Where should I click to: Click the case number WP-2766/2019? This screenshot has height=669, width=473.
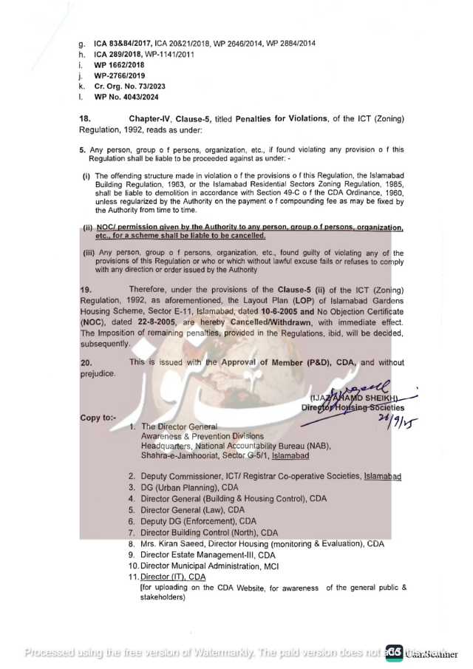click(x=120, y=75)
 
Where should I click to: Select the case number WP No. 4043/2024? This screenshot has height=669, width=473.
click(x=126, y=97)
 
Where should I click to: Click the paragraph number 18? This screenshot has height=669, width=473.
click(x=86, y=118)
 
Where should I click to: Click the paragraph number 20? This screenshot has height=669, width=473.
click(x=86, y=362)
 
